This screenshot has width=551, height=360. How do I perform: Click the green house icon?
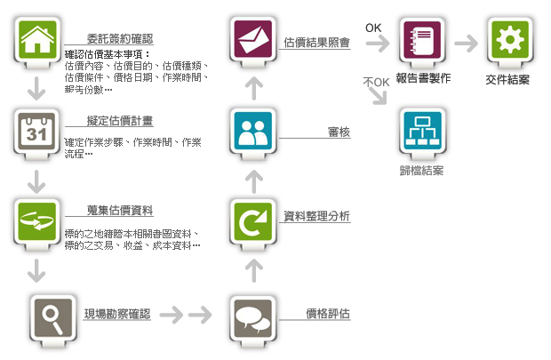(x=36, y=40)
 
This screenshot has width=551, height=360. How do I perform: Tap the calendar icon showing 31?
(x=36, y=132)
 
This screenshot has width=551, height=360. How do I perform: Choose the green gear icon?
(x=509, y=40)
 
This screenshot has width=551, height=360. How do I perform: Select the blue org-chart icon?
(x=421, y=132)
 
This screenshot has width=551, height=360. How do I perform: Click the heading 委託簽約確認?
(x=120, y=39)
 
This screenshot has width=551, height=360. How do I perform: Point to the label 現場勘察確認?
(x=117, y=314)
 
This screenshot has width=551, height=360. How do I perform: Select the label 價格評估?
(x=327, y=314)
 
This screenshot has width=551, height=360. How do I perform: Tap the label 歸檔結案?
(x=421, y=170)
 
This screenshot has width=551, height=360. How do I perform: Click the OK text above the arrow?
(x=374, y=28)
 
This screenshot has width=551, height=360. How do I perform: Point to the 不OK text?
(x=377, y=83)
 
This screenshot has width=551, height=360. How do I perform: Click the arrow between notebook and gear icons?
(x=465, y=41)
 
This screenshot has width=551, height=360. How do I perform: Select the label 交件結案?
(x=508, y=79)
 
